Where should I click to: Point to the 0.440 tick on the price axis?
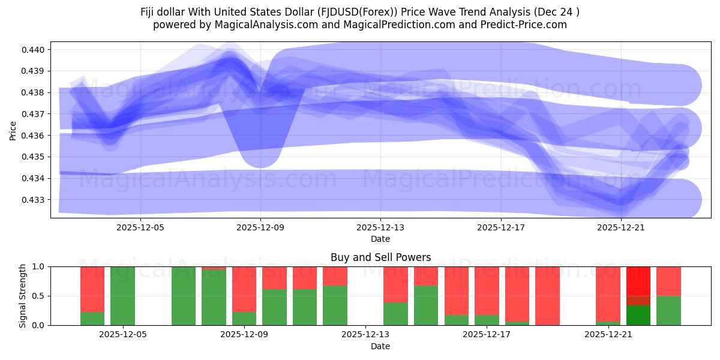click(x=34, y=50)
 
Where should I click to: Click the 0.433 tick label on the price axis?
click(x=34, y=200)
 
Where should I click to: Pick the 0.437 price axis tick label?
click(x=34, y=114)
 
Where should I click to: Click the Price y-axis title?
click(x=13, y=130)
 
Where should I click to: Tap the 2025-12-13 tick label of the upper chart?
click(x=380, y=228)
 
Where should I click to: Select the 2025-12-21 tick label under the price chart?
click(x=620, y=228)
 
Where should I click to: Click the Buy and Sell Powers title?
click(x=380, y=257)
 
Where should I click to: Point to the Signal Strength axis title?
click(x=22, y=296)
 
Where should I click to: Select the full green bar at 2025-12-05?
click(x=122, y=296)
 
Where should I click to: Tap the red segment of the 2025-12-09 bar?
click(x=244, y=289)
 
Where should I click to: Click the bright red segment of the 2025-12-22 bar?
click(x=638, y=280)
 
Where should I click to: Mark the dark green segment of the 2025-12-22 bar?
click(x=638, y=316)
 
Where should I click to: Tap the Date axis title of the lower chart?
click(x=380, y=346)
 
